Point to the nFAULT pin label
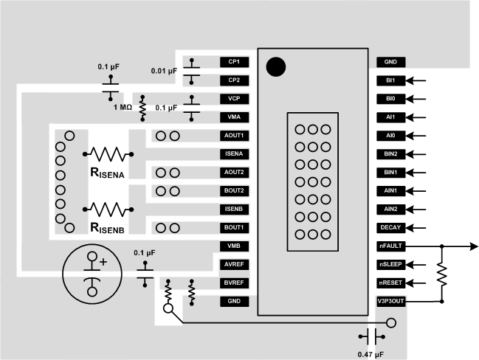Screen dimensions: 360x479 [x=391, y=246]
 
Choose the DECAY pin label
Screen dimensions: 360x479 [x=391, y=227]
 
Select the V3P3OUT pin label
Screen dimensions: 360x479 [x=391, y=301]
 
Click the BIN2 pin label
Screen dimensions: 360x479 [x=391, y=154]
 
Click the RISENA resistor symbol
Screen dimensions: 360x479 [x=109, y=154]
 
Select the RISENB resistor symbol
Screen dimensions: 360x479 [x=109, y=209]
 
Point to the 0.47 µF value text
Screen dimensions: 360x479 [x=371, y=354]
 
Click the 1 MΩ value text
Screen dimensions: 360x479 [x=123, y=108]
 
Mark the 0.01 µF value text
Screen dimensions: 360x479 [x=163, y=72]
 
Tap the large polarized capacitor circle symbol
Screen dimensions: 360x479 [x=93, y=272]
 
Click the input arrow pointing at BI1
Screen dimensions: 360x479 [x=417, y=81]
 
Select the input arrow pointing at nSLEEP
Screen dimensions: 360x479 [x=417, y=264]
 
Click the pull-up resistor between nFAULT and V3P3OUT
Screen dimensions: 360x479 [x=441, y=274]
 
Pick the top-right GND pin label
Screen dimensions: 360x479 [x=391, y=63]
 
